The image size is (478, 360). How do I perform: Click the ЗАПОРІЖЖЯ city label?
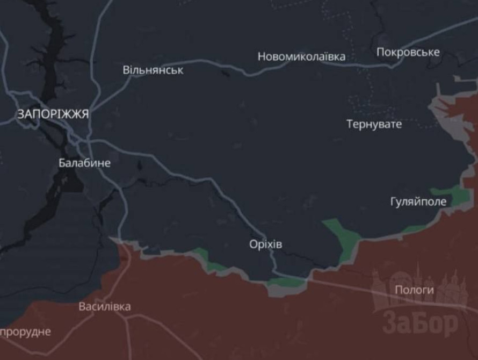tap(53, 114)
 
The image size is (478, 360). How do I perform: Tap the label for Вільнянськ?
tap(153, 70)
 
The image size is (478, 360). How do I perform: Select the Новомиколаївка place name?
tap(301, 56)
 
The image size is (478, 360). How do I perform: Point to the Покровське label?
tap(408, 52)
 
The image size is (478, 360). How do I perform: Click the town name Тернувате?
tap(374, 124)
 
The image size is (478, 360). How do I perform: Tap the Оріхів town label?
tap(265, 244)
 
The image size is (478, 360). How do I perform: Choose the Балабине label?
tap(84, 163)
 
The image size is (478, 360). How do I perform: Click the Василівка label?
tap(104, 307)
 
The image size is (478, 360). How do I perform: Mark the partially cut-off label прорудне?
tap(25, 332)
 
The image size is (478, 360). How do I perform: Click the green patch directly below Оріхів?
tap(286, 282)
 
